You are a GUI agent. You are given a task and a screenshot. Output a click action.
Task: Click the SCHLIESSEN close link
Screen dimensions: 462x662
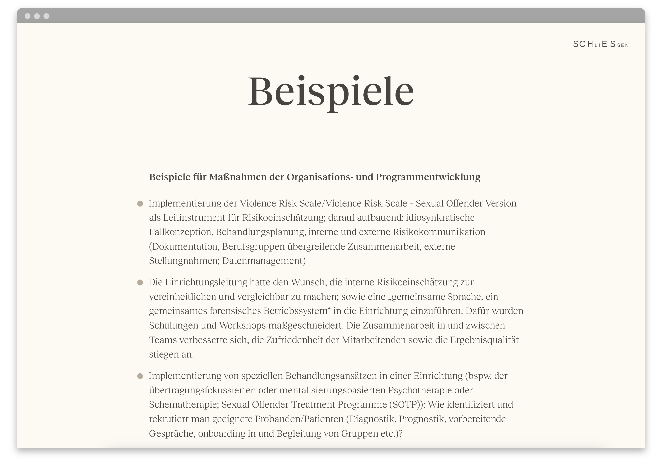coord(600,44)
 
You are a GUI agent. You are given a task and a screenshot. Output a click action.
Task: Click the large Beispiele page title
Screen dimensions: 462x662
coord(331,91)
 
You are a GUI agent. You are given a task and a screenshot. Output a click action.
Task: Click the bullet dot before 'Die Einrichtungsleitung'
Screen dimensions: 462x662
coord(140,283)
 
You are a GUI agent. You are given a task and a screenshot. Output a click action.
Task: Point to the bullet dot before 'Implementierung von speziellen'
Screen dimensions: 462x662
coord(140,376)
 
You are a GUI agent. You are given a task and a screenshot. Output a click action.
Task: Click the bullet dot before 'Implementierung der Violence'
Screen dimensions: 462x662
coord(140,204)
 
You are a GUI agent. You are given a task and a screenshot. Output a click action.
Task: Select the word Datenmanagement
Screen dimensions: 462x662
coord(263,261)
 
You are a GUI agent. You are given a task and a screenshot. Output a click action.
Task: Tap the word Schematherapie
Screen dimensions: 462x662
coord(183,405)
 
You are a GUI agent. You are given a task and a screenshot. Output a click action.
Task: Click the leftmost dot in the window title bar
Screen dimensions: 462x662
coord(28,16)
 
